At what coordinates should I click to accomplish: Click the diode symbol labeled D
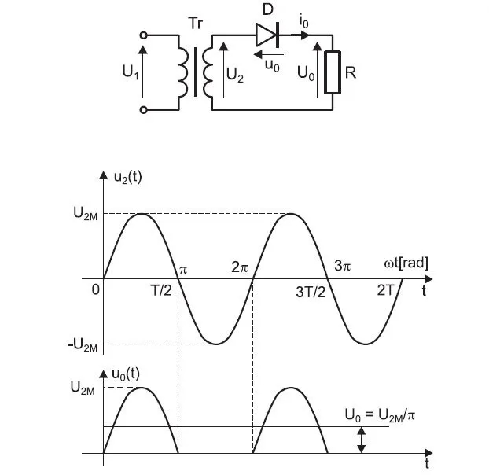pyautogui.click(x=267, y=35)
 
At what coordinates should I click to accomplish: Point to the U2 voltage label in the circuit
pyautogui.click(x=234, y=74)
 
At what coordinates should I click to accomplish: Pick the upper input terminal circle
pyautogui.click(x=143, y=35)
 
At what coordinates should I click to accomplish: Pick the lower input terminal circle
pyautogui.click(x=143, y=110)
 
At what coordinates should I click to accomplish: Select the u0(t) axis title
pyautogui.click(x=127, y=372)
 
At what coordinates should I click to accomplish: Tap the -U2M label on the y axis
pyautogui.click(x=82, y=345)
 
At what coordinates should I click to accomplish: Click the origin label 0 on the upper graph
pyautogui.click(x=95, y=290)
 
